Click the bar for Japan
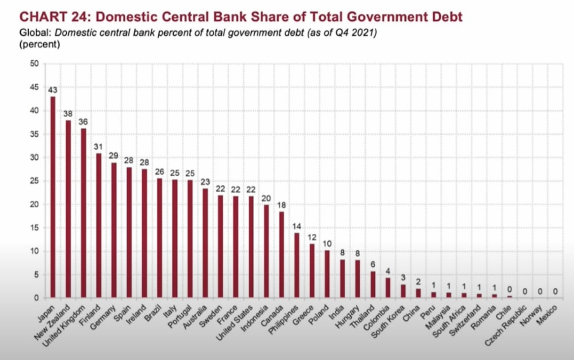pos(53,197)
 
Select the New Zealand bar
pos(68,209)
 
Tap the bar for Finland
pos(99,226)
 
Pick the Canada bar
pos(282,255)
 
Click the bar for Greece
pos(312,271)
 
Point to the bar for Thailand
pos(373,285)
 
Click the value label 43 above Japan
pos(53,90)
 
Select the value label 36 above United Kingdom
pos(83,122)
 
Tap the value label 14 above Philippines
pos(297,226)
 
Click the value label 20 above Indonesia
pos(266,198)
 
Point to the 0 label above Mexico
pos(555,291)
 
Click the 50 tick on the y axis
pos(34,64)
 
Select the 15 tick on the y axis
pos(34,228)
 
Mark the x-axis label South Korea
pos(388,321)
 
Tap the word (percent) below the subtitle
pos(40,44)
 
